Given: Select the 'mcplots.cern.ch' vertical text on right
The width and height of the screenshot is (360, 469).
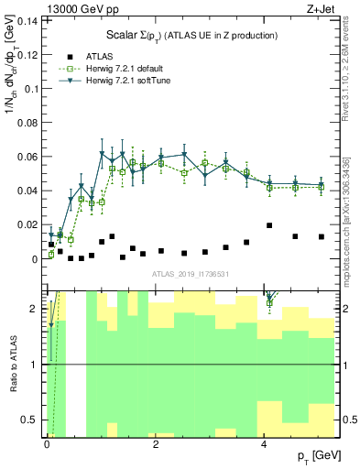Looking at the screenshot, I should [345, 215].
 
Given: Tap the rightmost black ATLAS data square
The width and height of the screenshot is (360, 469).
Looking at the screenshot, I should [321, 236].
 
